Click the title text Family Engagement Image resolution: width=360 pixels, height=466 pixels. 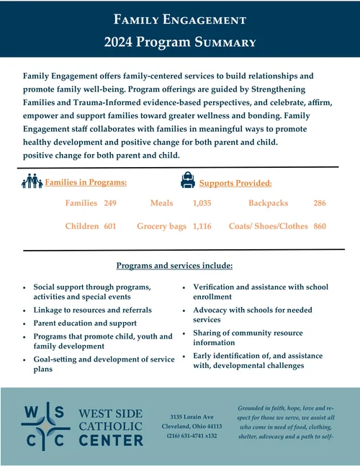(x=180, y=19)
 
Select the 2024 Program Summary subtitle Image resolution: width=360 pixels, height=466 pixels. (x=180, y=42)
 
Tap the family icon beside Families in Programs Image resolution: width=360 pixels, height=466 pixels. (x=32, y=182)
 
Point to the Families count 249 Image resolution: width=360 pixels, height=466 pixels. (x=110, y=204)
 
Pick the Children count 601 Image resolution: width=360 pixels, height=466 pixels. (x=110, y=226)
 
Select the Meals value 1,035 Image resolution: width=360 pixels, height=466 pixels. (x=202, y=204)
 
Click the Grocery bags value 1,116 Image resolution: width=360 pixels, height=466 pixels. (x=202, y=226)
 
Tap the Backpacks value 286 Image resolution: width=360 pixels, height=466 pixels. (x=320, y=204)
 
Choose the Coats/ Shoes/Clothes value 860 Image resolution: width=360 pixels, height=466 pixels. (x=320, y=226)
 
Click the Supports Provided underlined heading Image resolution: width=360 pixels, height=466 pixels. (x=235, y=183)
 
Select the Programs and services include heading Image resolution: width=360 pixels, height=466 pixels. (x=174, y=266)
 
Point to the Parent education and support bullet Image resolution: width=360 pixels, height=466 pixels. (x=85, y=323)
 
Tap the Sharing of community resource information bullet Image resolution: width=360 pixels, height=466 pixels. (x=248, y=338)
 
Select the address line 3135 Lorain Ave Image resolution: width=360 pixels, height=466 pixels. (x=192, y=417)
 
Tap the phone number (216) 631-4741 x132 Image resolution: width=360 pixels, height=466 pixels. (x=192, y=436)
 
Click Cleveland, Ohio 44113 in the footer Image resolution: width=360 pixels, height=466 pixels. (x=192, y=426)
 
